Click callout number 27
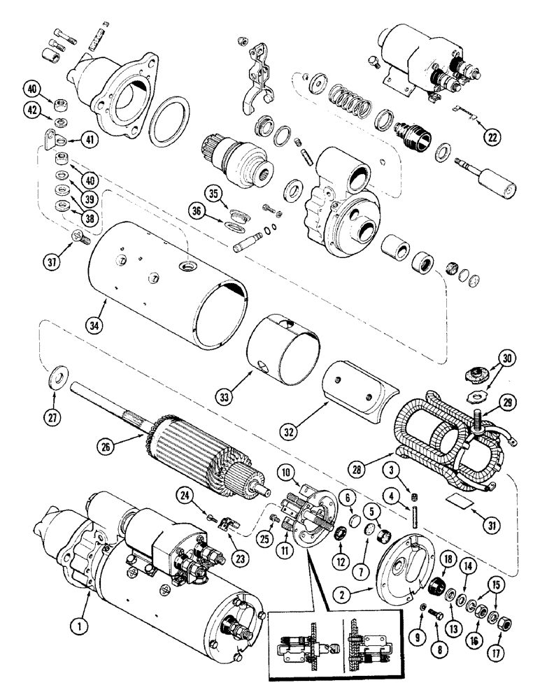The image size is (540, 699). (55, 418)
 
